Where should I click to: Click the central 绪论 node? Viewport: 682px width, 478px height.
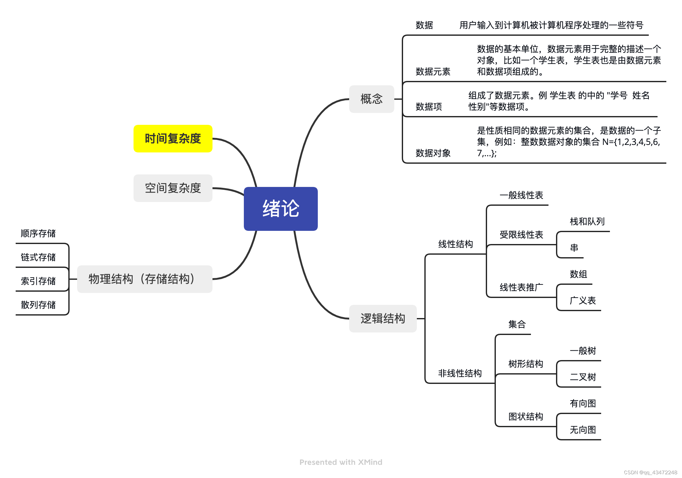(281, 209)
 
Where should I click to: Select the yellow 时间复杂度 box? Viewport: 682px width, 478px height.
(173, 139)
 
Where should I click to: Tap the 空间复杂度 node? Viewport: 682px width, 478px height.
(173, 188)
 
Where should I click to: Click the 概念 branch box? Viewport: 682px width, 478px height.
(371, 99)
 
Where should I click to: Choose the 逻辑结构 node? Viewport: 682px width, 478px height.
(383, 319)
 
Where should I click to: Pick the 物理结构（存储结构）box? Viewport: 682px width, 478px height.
(144, 279)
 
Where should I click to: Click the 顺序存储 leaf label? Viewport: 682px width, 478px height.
(38, 233)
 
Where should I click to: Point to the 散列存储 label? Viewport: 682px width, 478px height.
(38, 305)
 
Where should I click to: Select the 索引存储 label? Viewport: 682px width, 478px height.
(38, 281)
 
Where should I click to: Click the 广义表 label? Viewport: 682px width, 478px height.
(583, 300)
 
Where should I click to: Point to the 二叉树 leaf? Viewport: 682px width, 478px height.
(583, 377)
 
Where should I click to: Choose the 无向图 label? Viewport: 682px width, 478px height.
(583, 429)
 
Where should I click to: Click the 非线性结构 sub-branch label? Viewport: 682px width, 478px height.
(460, 373)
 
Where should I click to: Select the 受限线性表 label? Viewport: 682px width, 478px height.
(521, 235)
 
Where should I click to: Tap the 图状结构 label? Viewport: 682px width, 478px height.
(526, 417)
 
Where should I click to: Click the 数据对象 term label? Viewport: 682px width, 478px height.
(433, 153)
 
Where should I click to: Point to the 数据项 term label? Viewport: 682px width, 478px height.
(428, 107)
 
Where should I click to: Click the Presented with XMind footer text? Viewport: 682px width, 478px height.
(341, 462)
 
